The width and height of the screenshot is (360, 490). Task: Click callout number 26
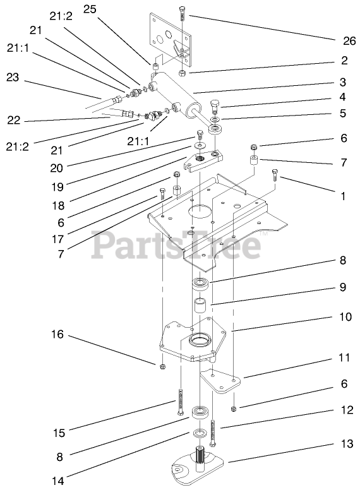tap(349, 41)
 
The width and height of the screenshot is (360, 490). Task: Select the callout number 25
tap(90, 9)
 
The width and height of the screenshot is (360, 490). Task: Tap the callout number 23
tap(13, 77)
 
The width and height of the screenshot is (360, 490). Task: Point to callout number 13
tap(347, 443)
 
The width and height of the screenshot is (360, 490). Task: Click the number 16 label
tap(57, 335)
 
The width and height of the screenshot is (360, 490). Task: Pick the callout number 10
tap(345, 317)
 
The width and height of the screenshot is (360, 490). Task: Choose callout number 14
tap(58, 481)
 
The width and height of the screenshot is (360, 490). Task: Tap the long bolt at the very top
tap(183, 13)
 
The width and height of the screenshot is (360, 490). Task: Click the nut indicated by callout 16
tap(162, 366)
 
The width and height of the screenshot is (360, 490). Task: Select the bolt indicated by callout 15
tap(181, 402)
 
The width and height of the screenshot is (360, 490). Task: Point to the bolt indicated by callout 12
tap(213, 433)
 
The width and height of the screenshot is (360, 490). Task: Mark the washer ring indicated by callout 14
tap(200, 433)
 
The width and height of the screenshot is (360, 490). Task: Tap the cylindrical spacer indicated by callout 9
tap(199, 306)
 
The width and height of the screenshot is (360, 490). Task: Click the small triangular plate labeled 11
tap(221, 381)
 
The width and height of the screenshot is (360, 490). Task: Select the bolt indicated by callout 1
tap(275, 175)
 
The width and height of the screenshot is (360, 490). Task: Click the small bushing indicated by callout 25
tap(155, 67)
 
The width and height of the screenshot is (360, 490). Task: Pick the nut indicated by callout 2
tap(183, 73)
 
